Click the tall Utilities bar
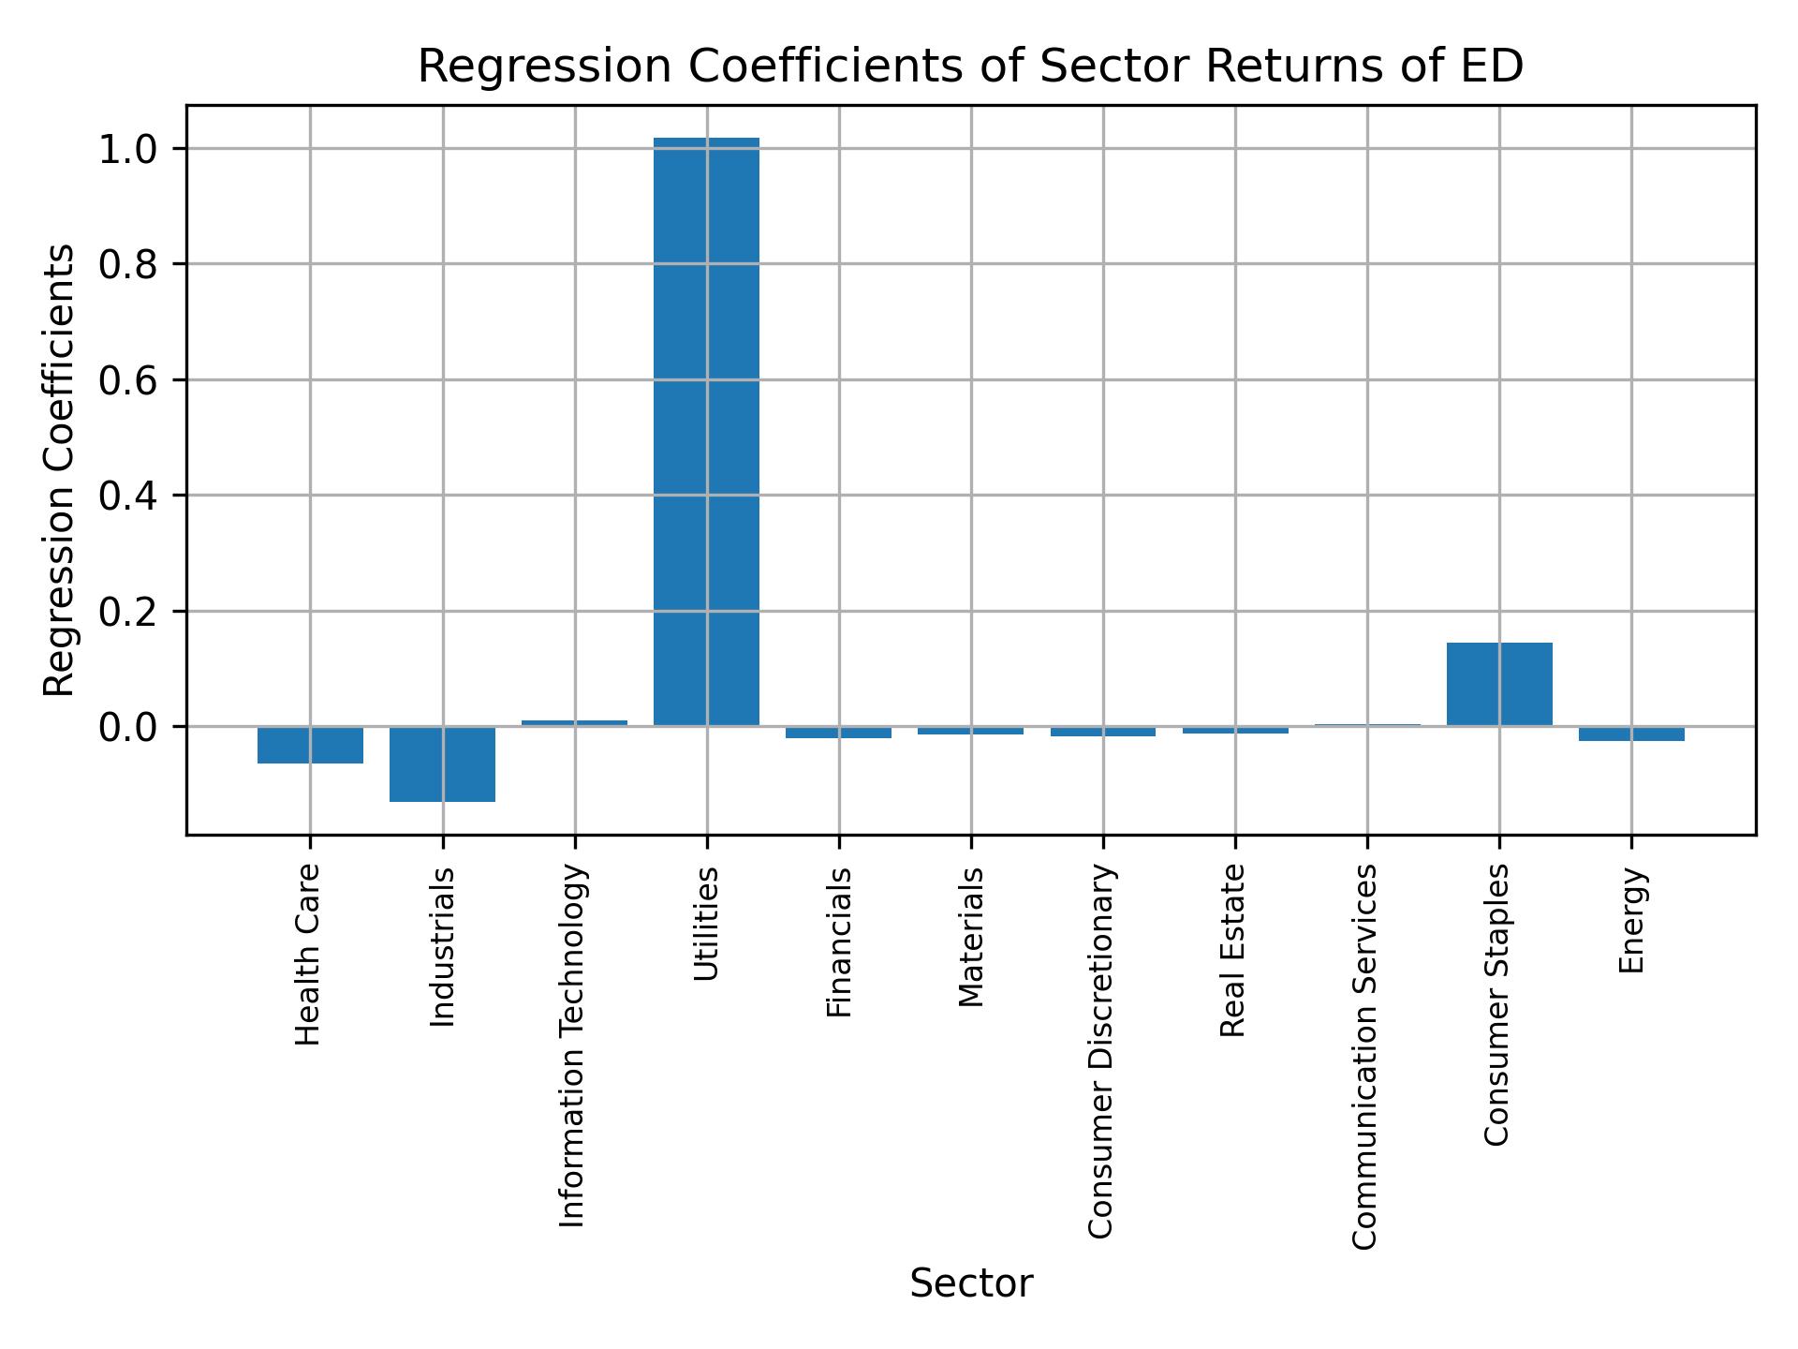[x=706, y=431]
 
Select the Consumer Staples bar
[x=1499, y=684]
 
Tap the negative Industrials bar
[x=442, y=763]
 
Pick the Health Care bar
[x=310, y=745]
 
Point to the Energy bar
[x=1631, y=734]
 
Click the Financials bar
[x=838, y=732]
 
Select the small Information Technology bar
[x=574, y=723]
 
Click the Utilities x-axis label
[x=706, y=924]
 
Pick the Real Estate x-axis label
[x=1233, y=950]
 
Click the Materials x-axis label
[x=971, y=937]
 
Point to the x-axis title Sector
[x=971, y=1283]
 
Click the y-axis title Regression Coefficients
[x=60, y=470]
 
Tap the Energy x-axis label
[x=1631, y=920]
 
